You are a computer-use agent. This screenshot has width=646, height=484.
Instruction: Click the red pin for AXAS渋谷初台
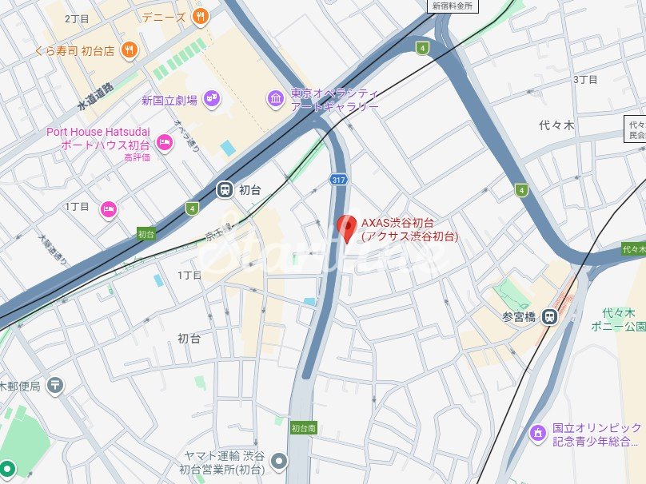(345, 228)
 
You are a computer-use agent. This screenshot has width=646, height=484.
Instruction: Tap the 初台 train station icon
(225, 189)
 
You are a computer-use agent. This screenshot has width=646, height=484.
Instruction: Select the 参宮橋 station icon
(549, 316)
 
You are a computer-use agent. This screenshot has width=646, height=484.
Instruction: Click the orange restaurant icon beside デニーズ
(200, 15)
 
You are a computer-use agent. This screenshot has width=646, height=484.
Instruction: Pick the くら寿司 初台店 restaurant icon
(130, 50)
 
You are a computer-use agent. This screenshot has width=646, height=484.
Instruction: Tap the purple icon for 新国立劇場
(212, 99)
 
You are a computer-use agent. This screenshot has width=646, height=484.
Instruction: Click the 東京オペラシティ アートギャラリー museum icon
(276, 98)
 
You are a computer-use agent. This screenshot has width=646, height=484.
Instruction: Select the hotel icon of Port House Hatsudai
(165, 143)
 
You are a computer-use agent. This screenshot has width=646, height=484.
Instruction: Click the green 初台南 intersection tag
(303, 427)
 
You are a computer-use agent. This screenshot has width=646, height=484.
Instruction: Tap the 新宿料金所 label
(453, 6)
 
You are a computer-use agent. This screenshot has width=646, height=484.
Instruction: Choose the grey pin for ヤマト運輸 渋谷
(278, 460)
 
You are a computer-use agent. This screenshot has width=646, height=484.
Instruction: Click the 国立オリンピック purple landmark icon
(539, 434)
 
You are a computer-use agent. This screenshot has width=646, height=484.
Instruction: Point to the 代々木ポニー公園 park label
(624, 320)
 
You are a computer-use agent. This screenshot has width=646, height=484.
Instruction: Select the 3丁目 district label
(585, 80)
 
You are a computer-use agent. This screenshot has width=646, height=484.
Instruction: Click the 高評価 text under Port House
(137, 157)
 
